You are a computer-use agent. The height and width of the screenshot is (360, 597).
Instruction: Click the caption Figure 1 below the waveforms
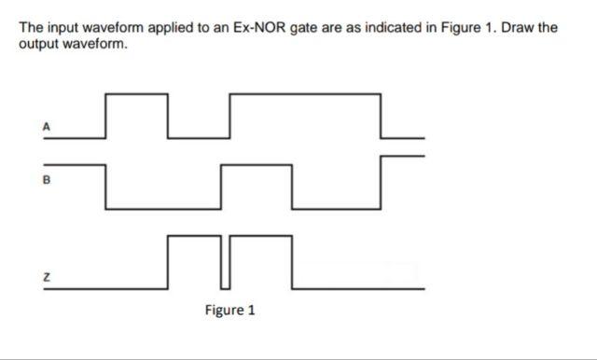point(229,310)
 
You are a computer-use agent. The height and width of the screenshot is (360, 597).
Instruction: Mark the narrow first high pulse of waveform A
point(137,94)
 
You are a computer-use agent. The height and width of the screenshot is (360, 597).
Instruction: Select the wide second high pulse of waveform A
point(305,94)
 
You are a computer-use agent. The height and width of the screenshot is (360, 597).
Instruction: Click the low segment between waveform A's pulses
point(198,139)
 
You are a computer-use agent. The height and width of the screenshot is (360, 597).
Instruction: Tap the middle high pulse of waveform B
point(257,165)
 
